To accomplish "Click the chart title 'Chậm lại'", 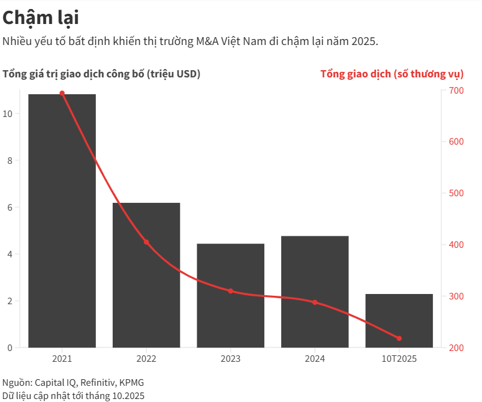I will [x=41, y=18].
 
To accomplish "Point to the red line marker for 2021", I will [x=62, y=94].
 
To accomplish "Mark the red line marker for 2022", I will [x=146, y=242].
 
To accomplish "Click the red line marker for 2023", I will [x=231, y=291].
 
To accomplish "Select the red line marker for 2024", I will [x=315, y=302].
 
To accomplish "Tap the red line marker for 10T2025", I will [x=399, y=338].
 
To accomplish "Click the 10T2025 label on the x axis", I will [x=399, y=359].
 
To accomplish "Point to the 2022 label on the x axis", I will [x=146, y=359].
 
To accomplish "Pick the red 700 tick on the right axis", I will [x=456, y=91].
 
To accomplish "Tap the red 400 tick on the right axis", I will [x=456, y=245].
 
